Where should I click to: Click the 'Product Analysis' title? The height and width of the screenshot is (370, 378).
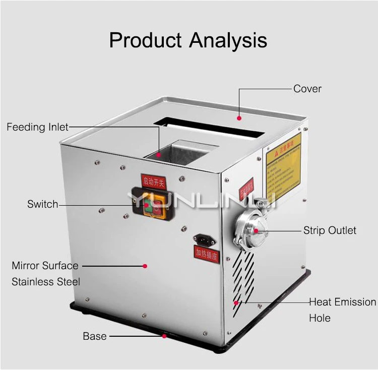tap(188, 40)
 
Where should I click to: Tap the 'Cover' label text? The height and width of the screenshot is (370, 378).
tap(307, 89)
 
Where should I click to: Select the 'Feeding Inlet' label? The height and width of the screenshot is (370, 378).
tap(37, 127)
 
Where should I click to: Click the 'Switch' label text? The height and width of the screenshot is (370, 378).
tap(42, 204)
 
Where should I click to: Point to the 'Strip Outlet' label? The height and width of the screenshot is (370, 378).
tap(330, 230)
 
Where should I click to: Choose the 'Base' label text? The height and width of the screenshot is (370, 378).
tap(95, 336)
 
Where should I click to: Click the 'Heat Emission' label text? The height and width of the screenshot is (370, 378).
tap(342, 302)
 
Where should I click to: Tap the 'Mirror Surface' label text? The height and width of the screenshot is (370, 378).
tap(45, 266)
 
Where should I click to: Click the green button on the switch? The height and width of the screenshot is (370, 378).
tap(146, 205)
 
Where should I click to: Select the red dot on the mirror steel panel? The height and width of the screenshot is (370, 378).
tap(145, 266)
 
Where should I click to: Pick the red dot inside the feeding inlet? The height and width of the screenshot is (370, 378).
tap(159, 155)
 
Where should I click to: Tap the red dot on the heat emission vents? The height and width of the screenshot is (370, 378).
tap(235, 302)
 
